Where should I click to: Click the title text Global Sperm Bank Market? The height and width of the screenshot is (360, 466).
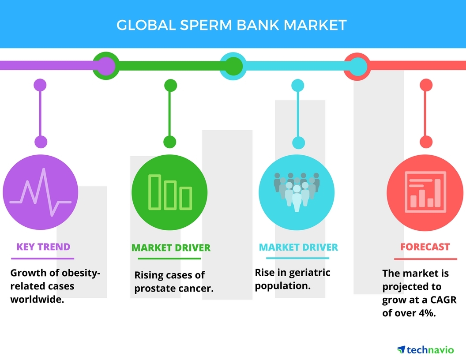tap(232, 25)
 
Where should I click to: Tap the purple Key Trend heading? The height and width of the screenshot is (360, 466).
tap(43, 247)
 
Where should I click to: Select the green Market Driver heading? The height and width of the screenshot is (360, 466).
tap(171, 248)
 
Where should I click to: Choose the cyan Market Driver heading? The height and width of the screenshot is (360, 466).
tap(298, 247)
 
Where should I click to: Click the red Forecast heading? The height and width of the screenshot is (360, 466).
tap(425, 247)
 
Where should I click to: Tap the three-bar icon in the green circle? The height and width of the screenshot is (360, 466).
tap(170, 192)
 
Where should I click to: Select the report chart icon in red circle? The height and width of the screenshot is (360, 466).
tap(425, 192)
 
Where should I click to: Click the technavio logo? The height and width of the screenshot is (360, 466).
tap(425, 349)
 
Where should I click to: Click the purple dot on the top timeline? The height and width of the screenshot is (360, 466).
tap(106, 66)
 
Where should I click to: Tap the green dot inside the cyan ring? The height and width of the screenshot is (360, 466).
tap(233, 66)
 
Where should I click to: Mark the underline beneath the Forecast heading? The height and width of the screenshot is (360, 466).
tap(425, 259)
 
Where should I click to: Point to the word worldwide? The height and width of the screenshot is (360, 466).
tap(37, 299)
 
